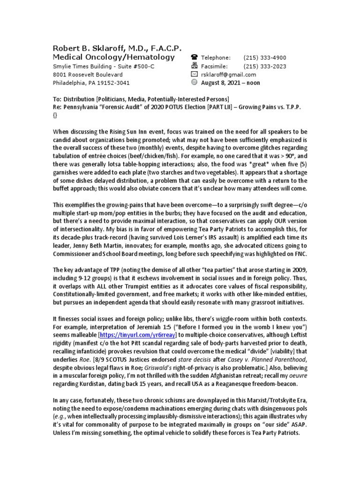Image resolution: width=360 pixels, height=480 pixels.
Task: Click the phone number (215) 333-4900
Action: coord(265,58)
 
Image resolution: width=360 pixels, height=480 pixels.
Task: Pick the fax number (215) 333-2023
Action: coord(265,66)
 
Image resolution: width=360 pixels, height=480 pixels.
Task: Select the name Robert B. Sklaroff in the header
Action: coord(93,48)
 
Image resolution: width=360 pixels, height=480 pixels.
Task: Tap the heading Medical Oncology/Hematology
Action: coord(113,57)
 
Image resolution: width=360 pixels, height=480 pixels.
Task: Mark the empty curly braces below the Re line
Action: coord(55,115)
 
